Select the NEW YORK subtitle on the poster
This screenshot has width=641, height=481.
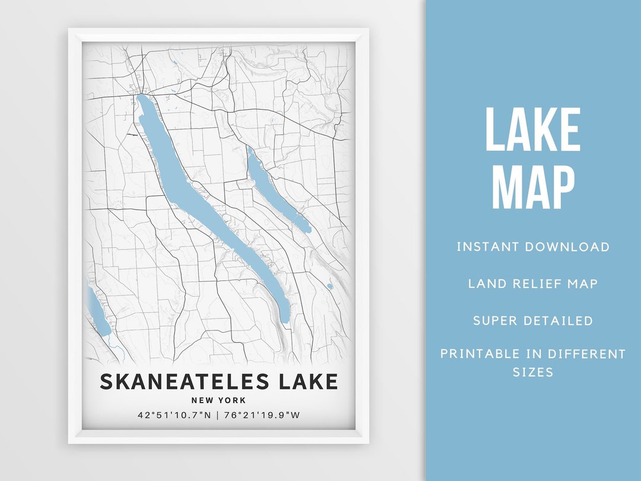pyautogui.click(x=218, y=400)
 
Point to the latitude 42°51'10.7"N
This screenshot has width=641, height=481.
pyautogui.click(x=174, y=415)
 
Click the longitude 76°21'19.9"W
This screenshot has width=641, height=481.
pyautogui.click(x=262, y=415)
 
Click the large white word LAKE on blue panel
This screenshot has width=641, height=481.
pyautogui.click(x=532, y=130)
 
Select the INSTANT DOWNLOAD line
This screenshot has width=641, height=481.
pyautogui.click(x=532, y=246)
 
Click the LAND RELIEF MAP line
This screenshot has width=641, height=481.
pyautogui.click(x=532, y=283)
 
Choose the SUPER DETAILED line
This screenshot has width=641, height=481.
pyautogui.click(x=532, y=321)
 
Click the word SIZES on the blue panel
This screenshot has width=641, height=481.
pyautogui.click(x=532, y=372)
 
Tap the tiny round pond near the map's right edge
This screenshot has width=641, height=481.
pyautogui.click(x=329, y=286)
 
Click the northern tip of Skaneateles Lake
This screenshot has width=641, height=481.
pyautogui.click(x=142, y=97)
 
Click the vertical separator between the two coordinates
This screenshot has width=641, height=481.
pyautogui.click(x=218, y=415)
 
